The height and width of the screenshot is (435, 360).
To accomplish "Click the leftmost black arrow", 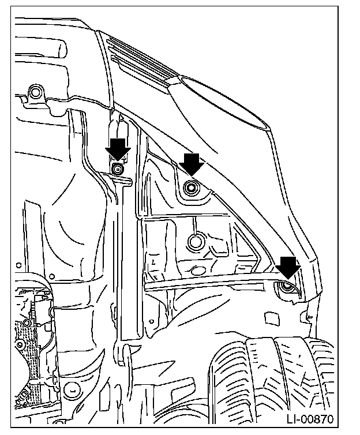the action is pos(118,150).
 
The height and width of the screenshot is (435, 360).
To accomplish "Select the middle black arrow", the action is pos(192,164).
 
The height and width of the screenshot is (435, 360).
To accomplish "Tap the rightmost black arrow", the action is pos(288,268).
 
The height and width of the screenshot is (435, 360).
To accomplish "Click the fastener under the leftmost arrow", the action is pos(118,168).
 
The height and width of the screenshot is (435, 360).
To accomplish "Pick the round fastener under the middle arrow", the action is pos(192,188).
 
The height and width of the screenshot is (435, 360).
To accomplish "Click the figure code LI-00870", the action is pos(310,419).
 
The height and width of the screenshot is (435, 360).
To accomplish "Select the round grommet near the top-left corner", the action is pos(35,92).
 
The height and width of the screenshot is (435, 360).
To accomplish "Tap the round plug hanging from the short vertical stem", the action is pos(196,241).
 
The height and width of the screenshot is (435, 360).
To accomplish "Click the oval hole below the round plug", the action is pos(198,270).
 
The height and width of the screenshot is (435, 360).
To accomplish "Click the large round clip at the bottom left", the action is pos(72,390).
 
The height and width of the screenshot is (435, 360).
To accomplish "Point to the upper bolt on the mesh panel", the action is pos(27,322).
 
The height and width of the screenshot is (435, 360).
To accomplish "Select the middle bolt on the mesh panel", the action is pos(20,345).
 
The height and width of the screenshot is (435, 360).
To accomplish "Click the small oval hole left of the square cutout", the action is pos(151,321).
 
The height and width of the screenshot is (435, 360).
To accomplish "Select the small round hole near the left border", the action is pos(18,265).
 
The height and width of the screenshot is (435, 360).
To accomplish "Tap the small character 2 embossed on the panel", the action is pos(153,261).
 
